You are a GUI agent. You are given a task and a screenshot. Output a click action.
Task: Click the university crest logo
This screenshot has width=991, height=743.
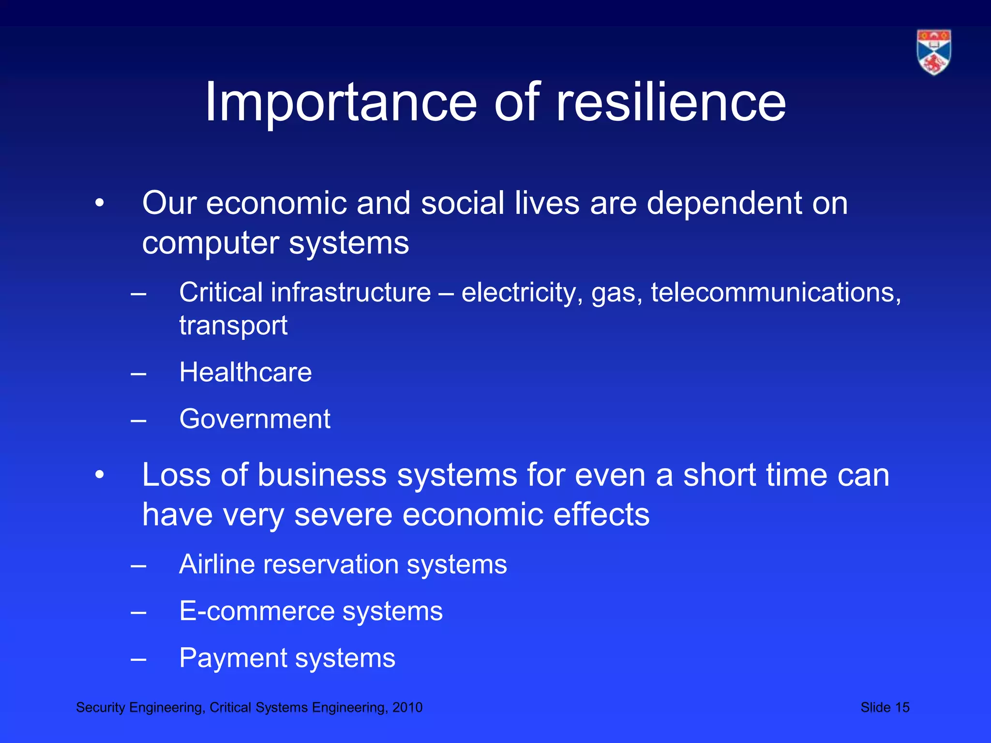click(x=933, y=52)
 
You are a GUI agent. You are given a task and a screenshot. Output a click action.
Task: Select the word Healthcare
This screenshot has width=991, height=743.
click(x=245, y=372)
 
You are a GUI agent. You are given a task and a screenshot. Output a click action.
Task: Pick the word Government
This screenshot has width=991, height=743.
click(x=255, y=418)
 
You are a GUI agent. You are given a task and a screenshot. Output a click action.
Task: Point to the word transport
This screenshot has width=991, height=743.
click(x=233, y=326)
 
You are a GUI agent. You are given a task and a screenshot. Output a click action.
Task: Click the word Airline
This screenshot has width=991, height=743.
click(x=216, y=564)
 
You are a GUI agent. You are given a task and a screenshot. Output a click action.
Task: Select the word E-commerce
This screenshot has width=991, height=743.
click(x=256, y=611)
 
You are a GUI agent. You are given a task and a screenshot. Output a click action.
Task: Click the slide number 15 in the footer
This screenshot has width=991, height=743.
click(x=902, y=707)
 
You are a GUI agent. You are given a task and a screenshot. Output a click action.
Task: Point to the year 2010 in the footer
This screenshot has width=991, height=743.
click(x=407, y=707)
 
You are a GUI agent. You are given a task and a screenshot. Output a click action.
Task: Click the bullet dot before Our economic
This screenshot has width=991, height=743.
click(x=99, y=203)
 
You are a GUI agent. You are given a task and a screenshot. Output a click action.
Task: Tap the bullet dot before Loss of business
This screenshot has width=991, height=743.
click(x=99, y=475)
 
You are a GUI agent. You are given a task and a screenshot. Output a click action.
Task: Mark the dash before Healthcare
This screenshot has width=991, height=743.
click(x=138, y=373)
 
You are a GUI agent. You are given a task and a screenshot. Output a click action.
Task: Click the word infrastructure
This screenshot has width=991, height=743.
click(x=350, y=293)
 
